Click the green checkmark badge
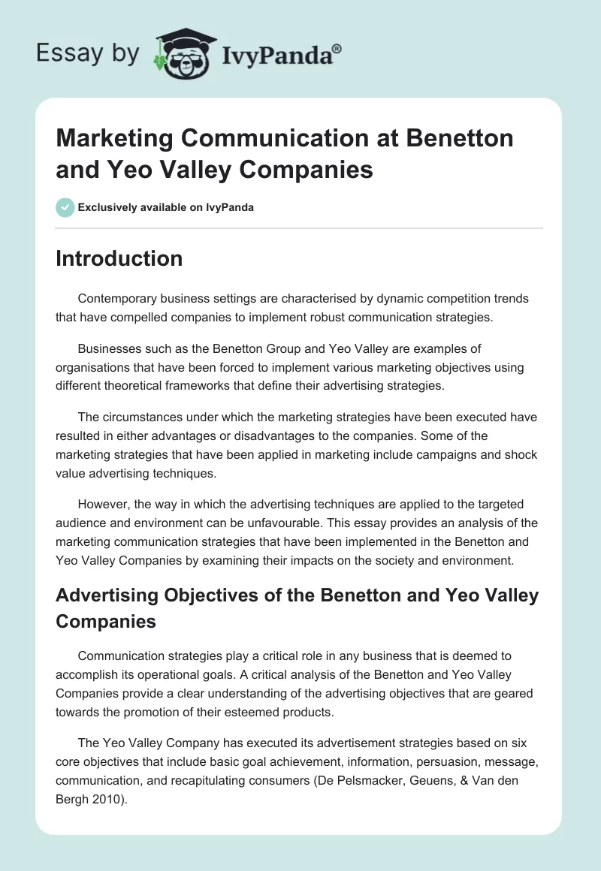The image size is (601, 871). pos(65,207)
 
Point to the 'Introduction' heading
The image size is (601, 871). pos(119,258)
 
